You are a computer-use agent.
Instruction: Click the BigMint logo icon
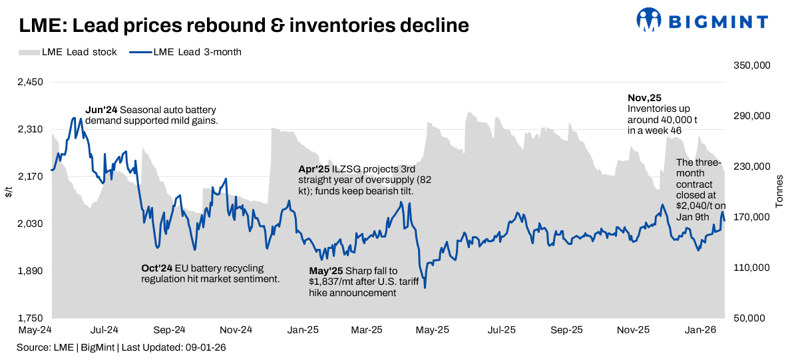tap(650, 20)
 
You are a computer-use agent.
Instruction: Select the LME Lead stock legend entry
tap(67, 52)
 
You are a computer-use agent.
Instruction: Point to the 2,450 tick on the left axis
tap(30, 83)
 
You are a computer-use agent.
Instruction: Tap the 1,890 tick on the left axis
tap(30, 271)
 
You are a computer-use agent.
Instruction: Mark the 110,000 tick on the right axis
tap(751, 268)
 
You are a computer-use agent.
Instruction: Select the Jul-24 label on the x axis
tap(104, 329)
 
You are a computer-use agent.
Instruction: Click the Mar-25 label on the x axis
tap(367, 329)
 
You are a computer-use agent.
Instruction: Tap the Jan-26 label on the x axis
tap(701, 329)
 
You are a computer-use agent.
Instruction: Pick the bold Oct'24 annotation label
tap(157, 268)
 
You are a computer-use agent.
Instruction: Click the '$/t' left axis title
tap(9, 192)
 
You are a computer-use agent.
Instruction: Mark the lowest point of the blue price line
tap(425, 287)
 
